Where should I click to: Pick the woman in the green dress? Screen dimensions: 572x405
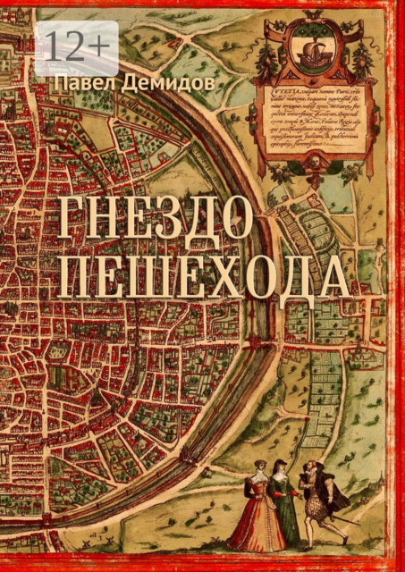coord(283,511)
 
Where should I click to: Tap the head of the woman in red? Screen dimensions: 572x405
coord(258,467)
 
